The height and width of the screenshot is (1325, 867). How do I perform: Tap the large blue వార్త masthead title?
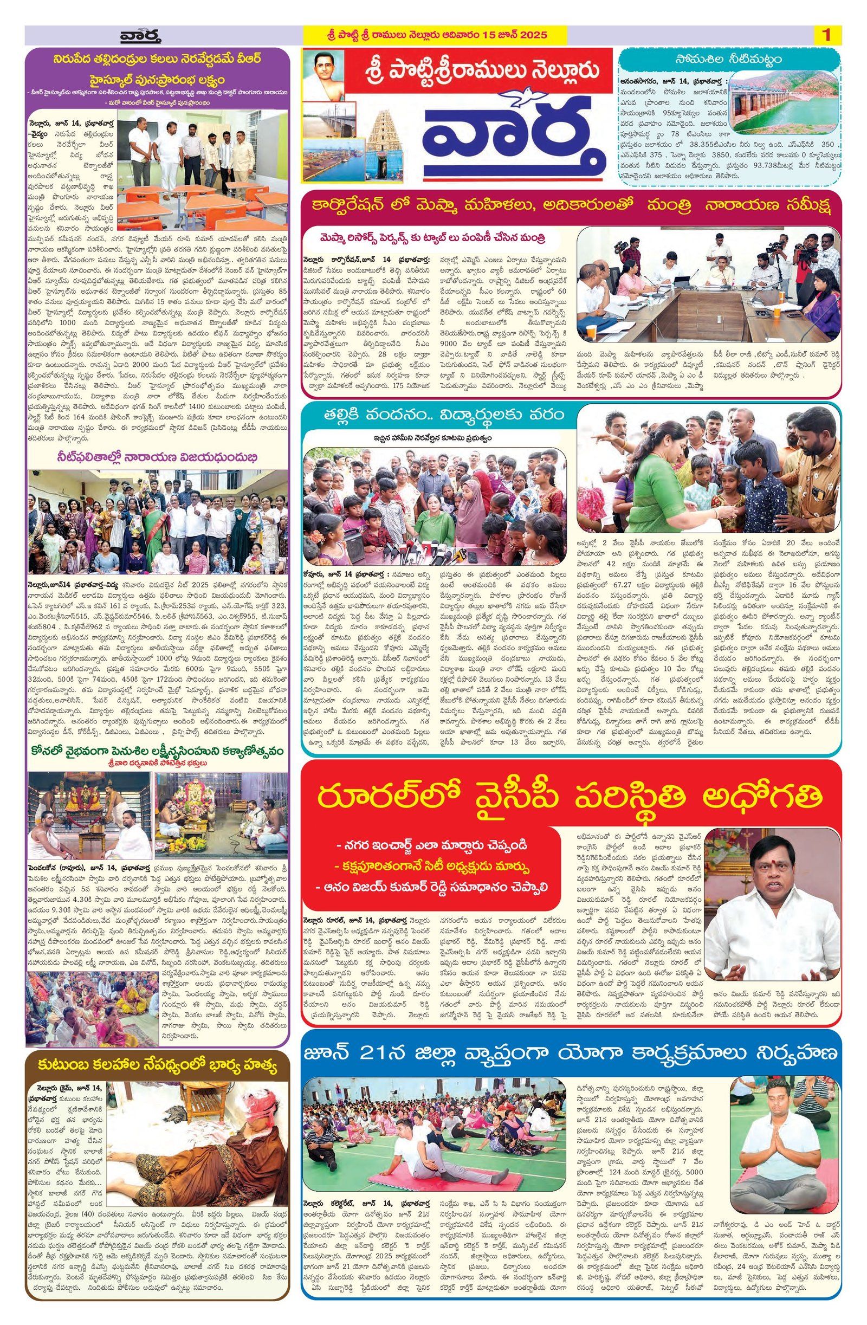pyautogui.click(x=512, y=137)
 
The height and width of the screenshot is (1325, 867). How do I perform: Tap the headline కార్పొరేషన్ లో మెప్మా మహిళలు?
pyautogui.click(x=570, y=206)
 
